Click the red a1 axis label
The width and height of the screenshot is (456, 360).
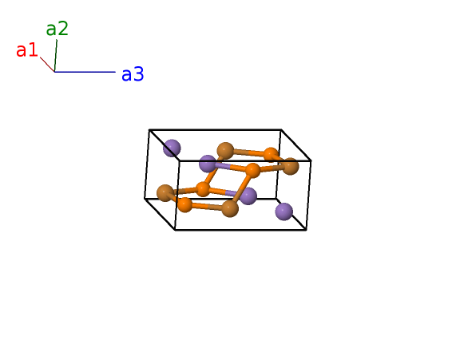click(x=27, y=49)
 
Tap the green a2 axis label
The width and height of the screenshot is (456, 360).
click(x=57, y=28)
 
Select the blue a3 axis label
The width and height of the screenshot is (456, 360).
click(x=133, y=74)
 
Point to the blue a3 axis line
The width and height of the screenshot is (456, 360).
click(x=85, y=72)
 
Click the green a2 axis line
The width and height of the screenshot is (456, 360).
click(x=56, y=56)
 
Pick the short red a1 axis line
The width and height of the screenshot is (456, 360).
click(x=47, y=65)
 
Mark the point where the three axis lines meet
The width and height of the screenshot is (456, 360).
click(x=54, y=72)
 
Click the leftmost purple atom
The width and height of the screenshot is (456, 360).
click(x=172, y=148)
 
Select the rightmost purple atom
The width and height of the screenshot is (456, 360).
click(x=284, y=212)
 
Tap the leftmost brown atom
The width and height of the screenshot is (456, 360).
click(x=165, y=193)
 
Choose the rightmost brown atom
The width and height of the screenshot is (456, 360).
click(x=290, y=166)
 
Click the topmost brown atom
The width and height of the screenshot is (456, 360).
click(x=225, y=151)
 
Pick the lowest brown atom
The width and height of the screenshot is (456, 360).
click(x=230, y=208)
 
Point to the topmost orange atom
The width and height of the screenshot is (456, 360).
click(x=272, y=154)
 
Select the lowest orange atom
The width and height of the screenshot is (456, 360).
click(x=184, y=204)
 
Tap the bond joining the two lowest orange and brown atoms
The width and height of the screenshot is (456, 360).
click(x=207, y=207)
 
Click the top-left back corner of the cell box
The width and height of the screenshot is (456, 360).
click(x=149, y=129)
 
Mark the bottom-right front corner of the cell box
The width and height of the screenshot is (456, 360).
click(x=306, y=230)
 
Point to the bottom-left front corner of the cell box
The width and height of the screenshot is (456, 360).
click(x=175, y=230)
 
